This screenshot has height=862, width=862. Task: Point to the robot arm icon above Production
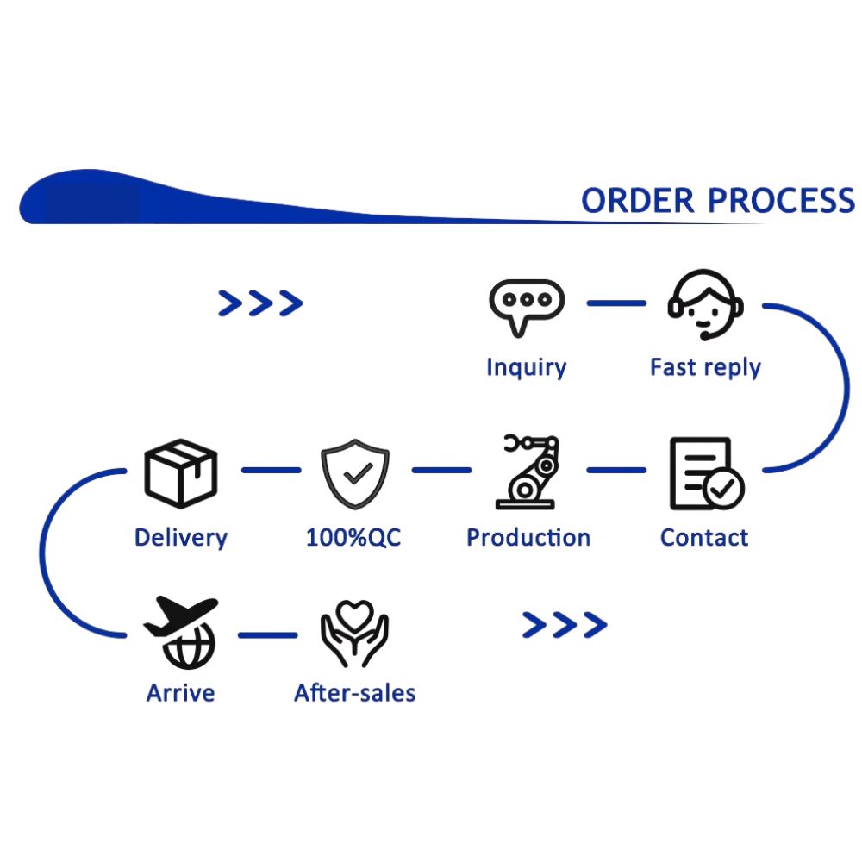527,472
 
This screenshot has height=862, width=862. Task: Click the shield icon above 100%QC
355,472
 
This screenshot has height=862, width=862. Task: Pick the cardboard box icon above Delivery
180,472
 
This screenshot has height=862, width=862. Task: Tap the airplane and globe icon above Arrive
181,633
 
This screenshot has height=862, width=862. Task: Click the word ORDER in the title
637,201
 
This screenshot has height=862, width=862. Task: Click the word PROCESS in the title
781,201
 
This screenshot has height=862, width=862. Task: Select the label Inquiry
526,367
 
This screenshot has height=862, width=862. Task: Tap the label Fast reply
705,367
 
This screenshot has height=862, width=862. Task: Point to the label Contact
704,538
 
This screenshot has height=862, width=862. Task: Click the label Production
528,538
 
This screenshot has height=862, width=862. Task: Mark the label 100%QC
353,538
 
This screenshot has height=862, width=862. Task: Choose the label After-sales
354,693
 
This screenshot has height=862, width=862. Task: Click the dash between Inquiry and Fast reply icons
615,303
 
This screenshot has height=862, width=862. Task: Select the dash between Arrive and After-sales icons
267,636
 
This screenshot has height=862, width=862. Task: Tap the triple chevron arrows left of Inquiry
260,303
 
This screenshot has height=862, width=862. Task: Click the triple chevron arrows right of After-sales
565,625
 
